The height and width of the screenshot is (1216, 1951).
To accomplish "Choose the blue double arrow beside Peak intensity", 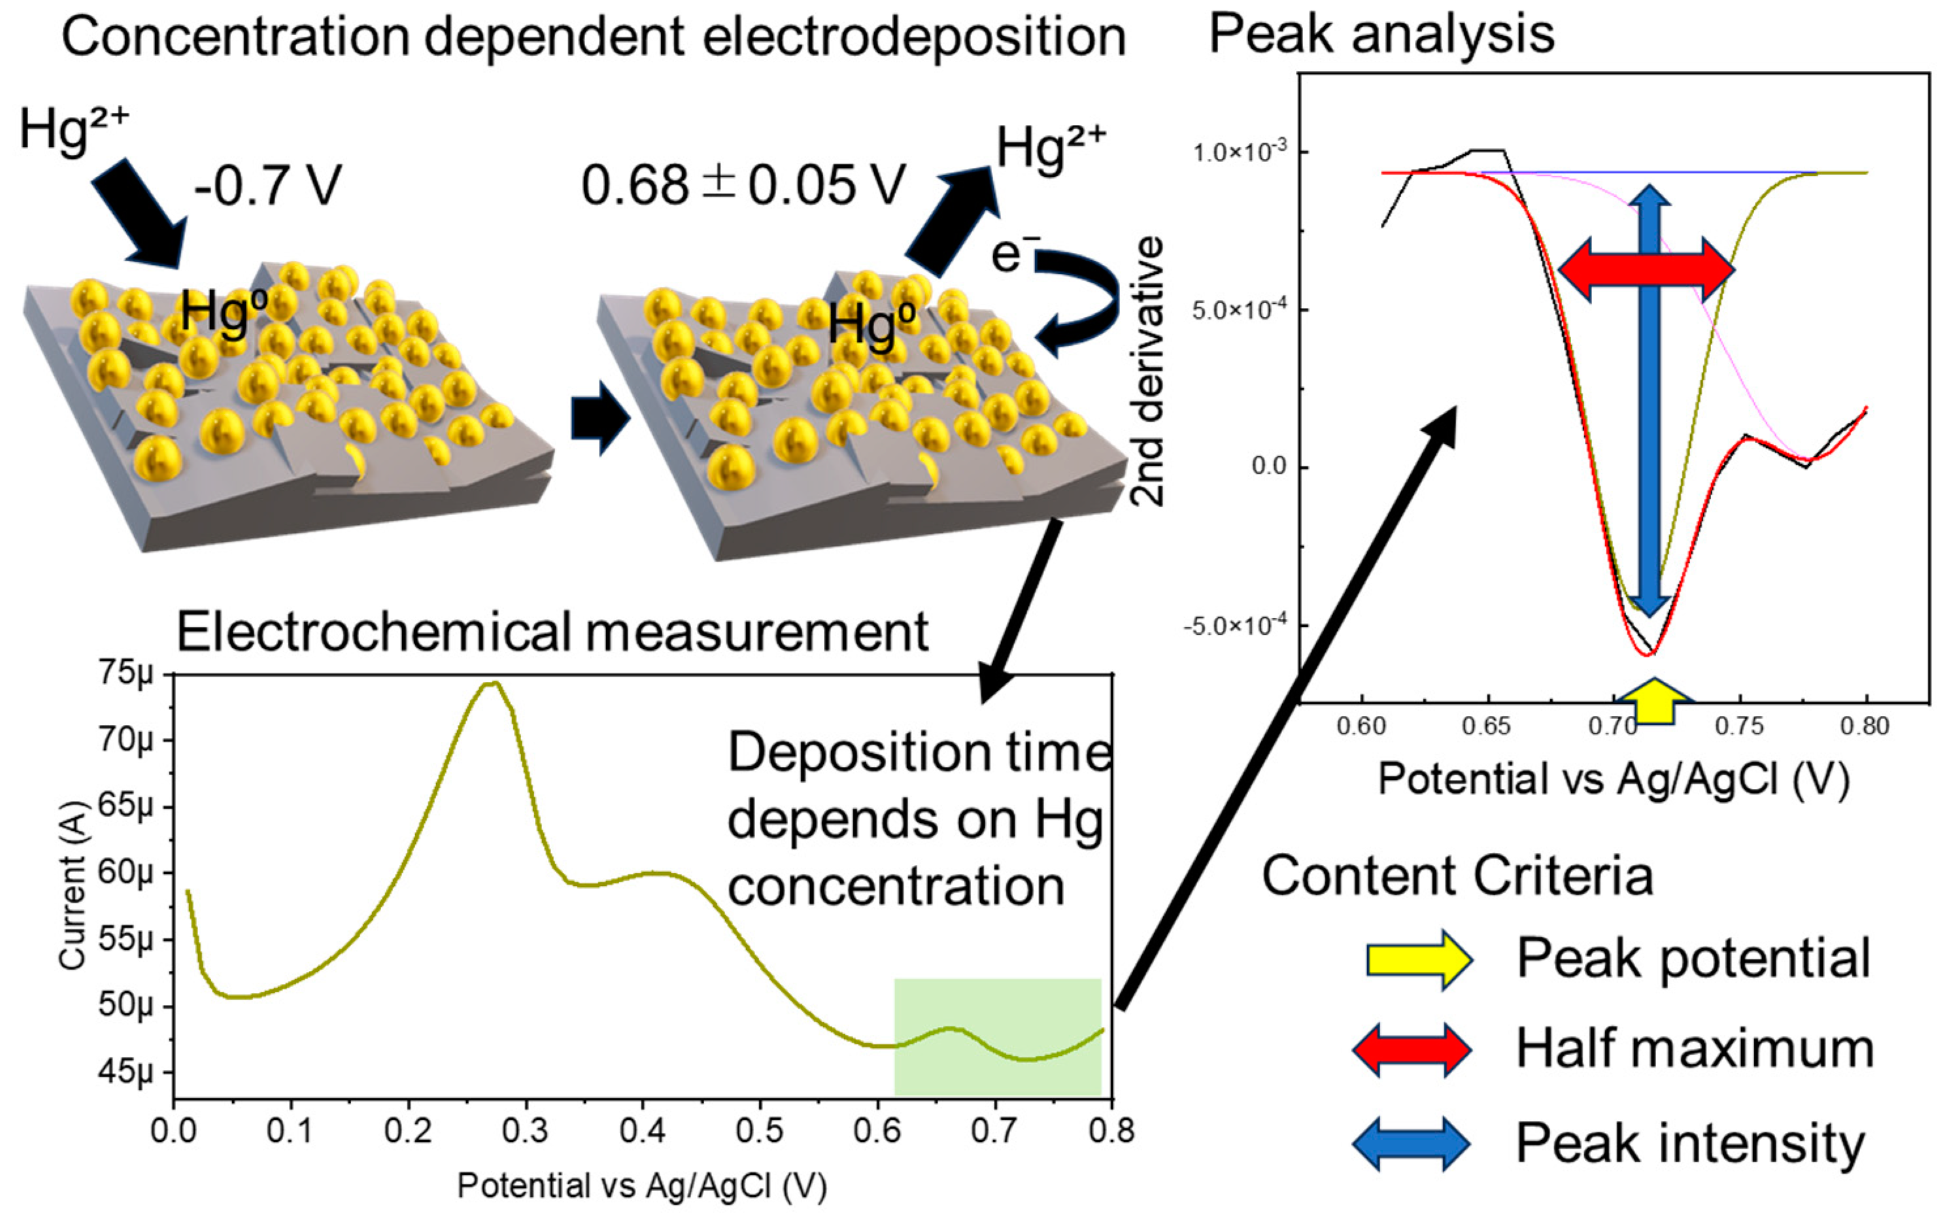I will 1412,1143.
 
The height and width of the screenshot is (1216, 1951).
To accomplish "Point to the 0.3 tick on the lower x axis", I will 524,1131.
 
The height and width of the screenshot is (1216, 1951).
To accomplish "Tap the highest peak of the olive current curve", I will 490,684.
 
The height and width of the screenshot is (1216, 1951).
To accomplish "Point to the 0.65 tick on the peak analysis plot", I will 1486,727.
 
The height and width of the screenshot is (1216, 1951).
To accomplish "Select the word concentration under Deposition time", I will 896,888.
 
